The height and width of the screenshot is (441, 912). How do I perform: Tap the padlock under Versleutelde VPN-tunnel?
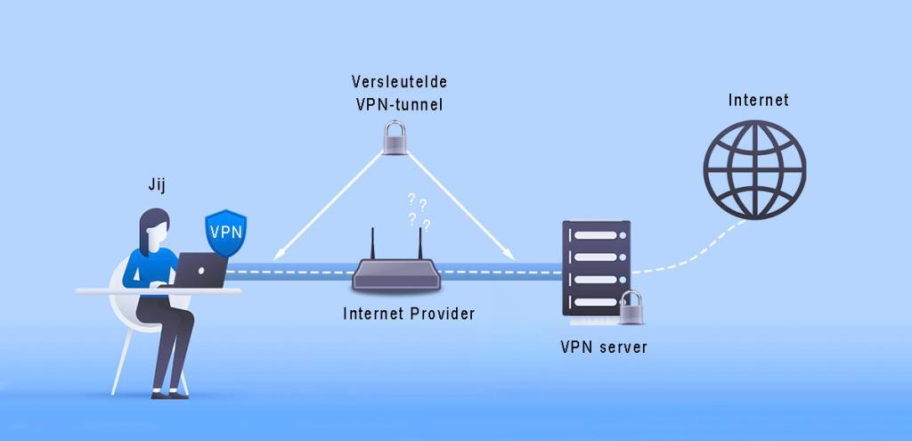(x=395, y=137)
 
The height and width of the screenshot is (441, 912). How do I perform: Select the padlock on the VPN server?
(x=632, y=307)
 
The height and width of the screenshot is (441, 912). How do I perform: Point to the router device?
(x=395, y=274)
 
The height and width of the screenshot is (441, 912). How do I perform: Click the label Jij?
(x=158, y=185)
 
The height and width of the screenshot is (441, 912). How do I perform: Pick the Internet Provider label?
(x=409, y=314)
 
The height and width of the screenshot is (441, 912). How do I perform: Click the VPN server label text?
(x=603, y=347)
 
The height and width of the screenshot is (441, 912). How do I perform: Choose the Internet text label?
(x=758, y=100)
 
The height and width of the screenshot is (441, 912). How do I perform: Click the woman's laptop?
(x=200, y=270)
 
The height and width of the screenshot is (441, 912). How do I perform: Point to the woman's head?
(x=156, y=227)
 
